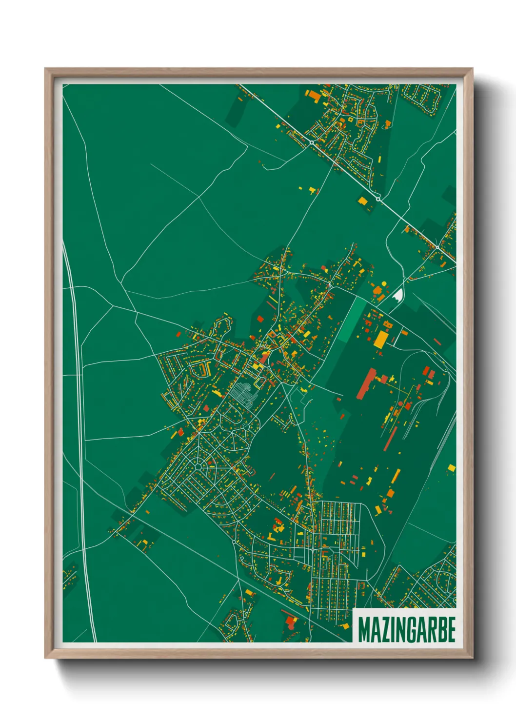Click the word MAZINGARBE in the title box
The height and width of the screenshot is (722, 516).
[407, 630]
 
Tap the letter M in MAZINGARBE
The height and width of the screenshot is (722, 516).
[364, 630]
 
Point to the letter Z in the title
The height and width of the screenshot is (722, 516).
[384, 630]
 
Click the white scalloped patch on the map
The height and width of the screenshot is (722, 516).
[398, 295]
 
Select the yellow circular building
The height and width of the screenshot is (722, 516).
[383, 283]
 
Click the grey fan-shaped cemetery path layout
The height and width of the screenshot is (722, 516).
[243, 393]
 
